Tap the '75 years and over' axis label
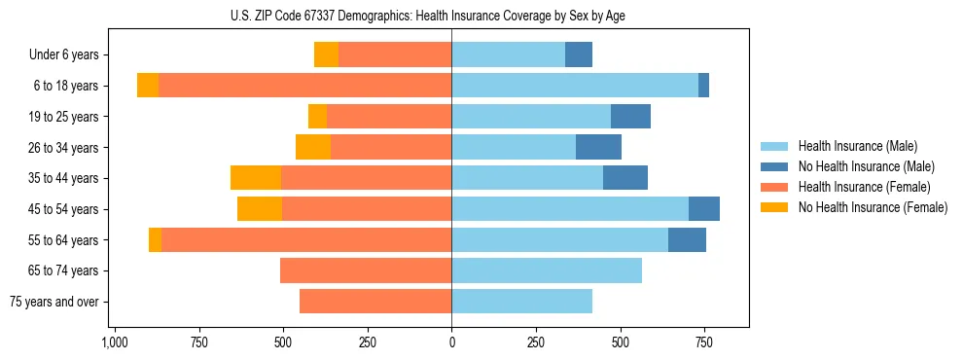[54, 302]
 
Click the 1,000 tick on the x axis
[115, 343]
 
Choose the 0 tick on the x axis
[451, 343]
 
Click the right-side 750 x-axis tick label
[703, 343]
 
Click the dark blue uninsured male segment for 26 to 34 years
[598, 147]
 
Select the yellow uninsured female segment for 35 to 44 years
[256, 178]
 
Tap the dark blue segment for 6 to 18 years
[703, 86]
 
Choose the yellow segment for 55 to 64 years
[155, 239]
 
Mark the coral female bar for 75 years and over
[375, 302]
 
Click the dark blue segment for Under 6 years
[579, 54]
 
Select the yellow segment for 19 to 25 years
[317, 117]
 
